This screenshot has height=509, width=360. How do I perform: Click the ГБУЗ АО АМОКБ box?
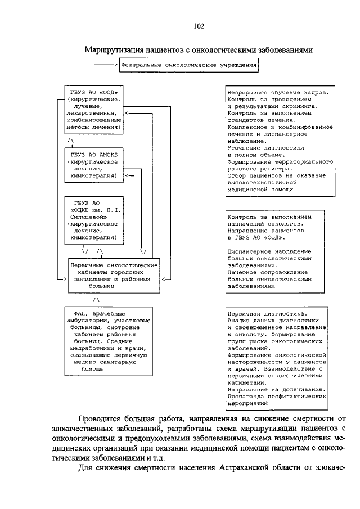[x=94, y=164]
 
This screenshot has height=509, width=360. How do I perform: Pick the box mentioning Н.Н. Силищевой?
[x=94, y=220]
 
